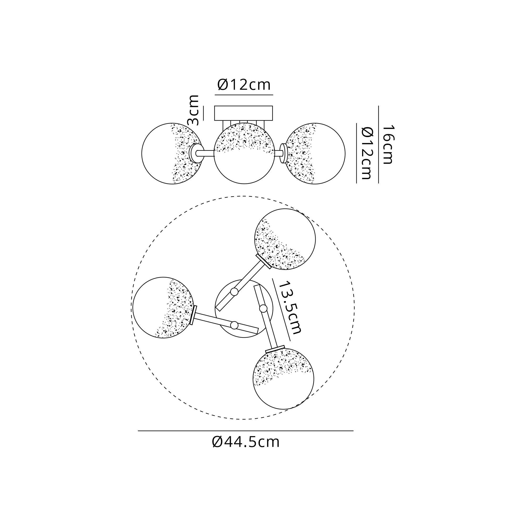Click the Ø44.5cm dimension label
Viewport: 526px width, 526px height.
click(x=246, y=442)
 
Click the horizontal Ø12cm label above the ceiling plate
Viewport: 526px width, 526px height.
click(x=244, y=85)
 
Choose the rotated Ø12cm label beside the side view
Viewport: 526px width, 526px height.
click(x=366, y=153)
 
